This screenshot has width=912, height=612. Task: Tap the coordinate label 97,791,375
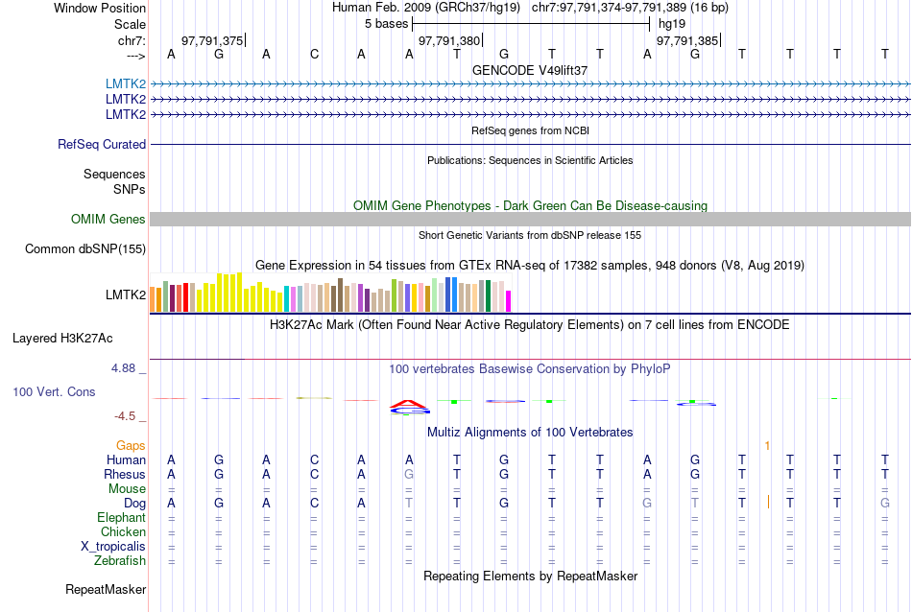(212, 40)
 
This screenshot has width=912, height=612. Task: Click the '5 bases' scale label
(386, 23)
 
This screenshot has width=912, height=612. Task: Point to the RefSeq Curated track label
(102, 144)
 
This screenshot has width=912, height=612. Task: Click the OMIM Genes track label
(108, 219)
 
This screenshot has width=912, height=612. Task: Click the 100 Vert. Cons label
(54, 392)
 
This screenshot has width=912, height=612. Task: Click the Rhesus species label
(125, 474)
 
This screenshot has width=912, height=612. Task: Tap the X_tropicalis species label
(113, 546)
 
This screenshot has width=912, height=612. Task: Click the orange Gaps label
(131, 445)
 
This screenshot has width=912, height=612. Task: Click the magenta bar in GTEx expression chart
(509, 300)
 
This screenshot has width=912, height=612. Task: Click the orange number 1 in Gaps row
(767, 445)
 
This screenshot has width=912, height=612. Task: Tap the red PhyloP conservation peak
(408, 403)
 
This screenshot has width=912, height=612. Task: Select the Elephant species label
(121, 517)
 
